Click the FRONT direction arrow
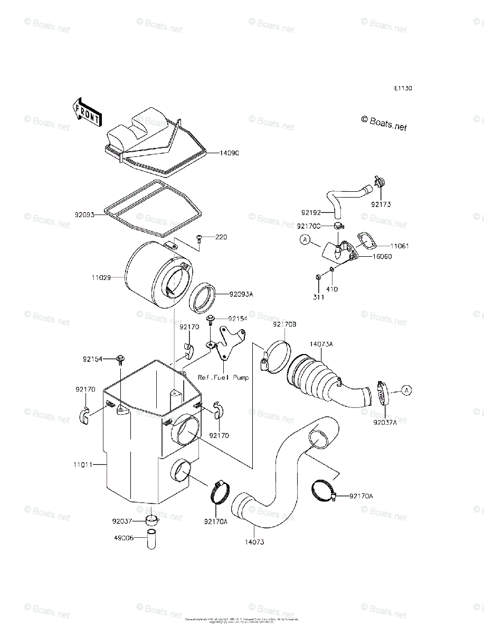(x=87, y=112)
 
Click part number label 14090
(x=230, y=153)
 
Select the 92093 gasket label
(x=84, y=215)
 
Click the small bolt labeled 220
(x=200, y=239)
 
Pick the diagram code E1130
(x=402, y=88)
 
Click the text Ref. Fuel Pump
(x=223, y=377)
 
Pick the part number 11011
(x=83, y=465)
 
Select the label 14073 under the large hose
(x=254, y=542)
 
